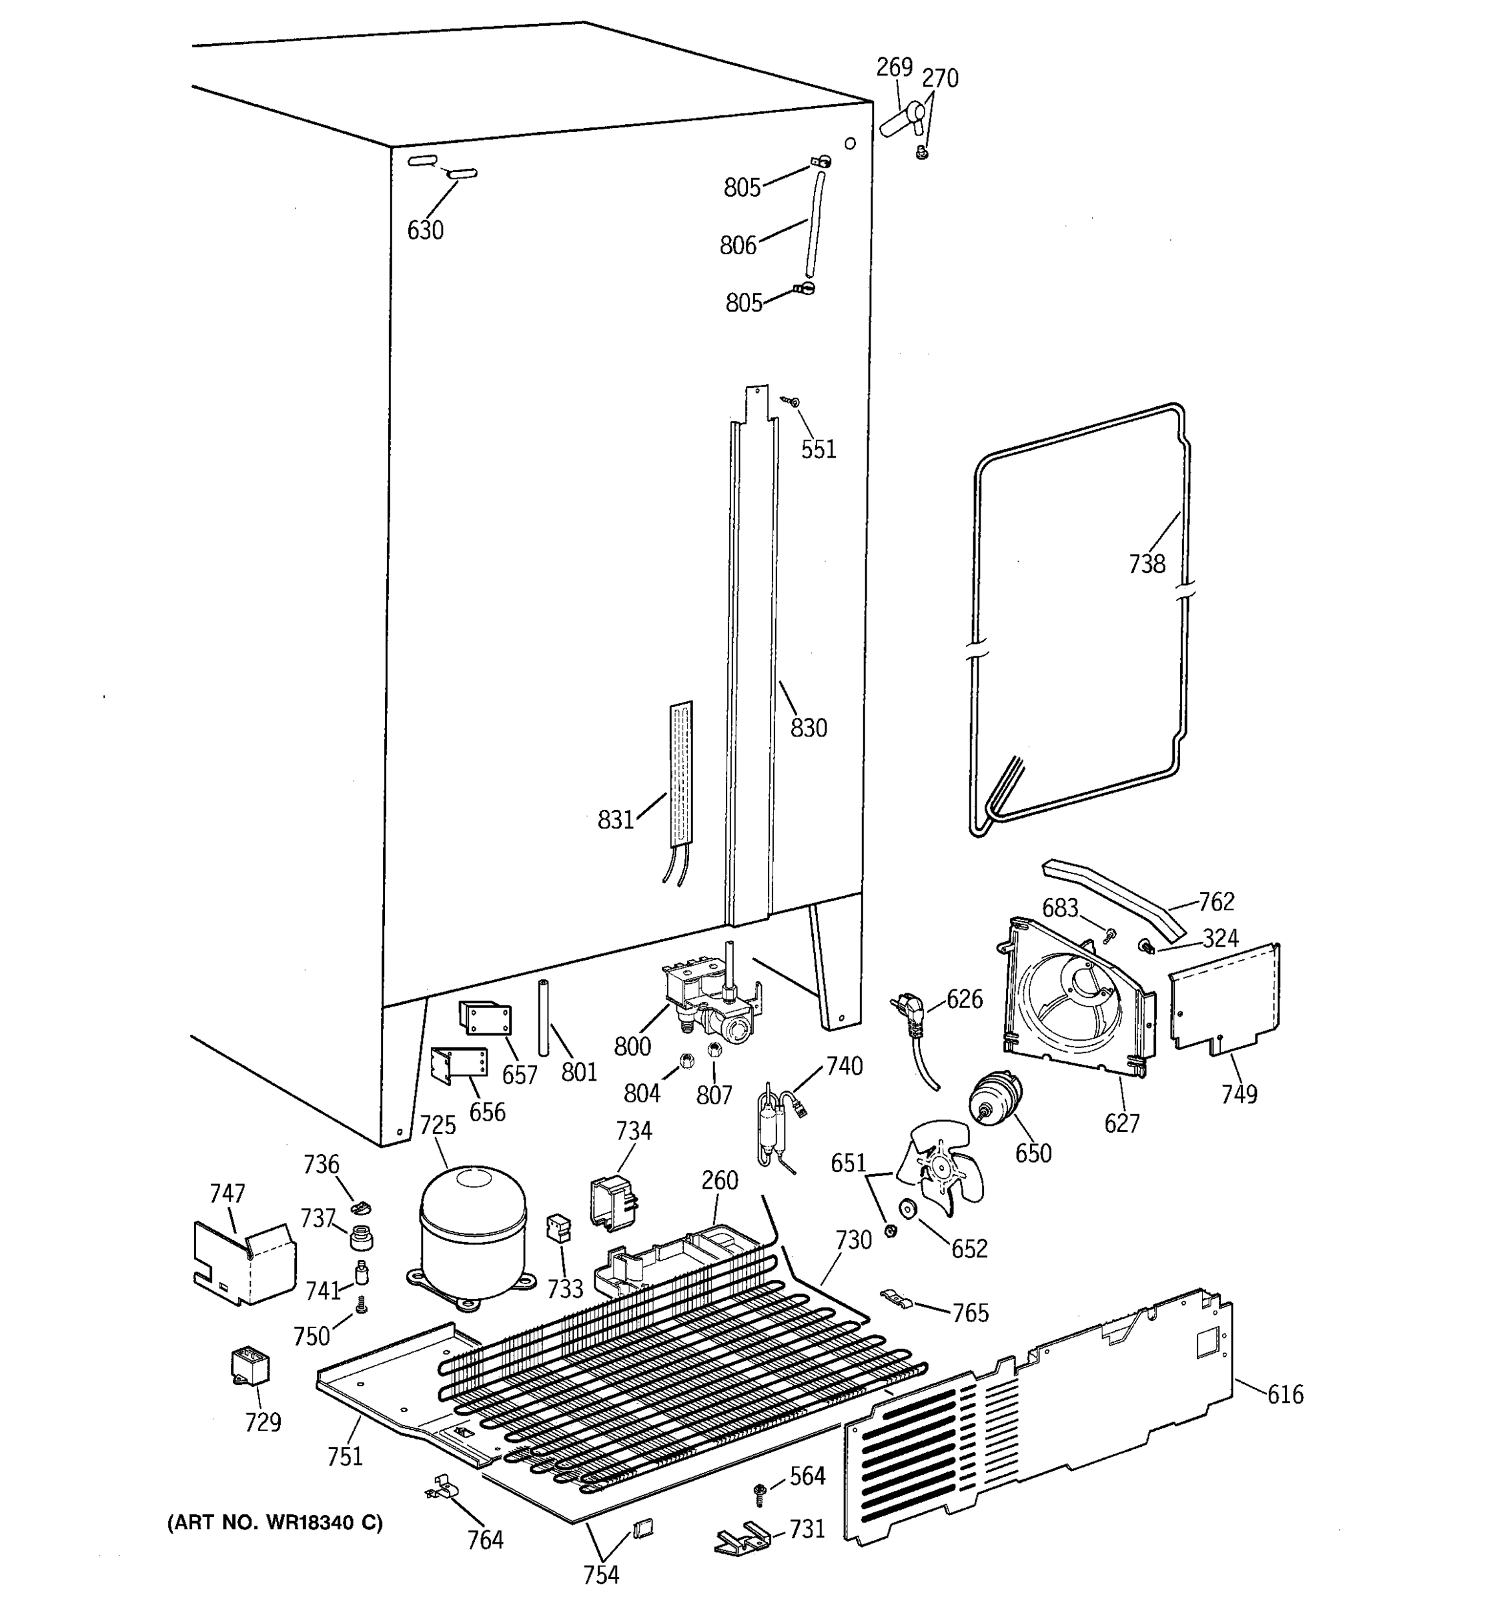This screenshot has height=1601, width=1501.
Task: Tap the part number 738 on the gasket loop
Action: pos(1146,564)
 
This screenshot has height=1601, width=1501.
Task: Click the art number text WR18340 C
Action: pos(275,1522)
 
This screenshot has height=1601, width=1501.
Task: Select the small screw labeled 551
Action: pos(794,401)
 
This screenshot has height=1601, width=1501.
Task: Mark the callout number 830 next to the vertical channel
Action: pos(808,728)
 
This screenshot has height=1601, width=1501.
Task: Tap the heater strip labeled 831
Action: pos(681,773)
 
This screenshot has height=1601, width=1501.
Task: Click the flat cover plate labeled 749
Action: pos(1224,999)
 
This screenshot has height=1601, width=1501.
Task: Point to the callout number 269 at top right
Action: pos(894,67)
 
